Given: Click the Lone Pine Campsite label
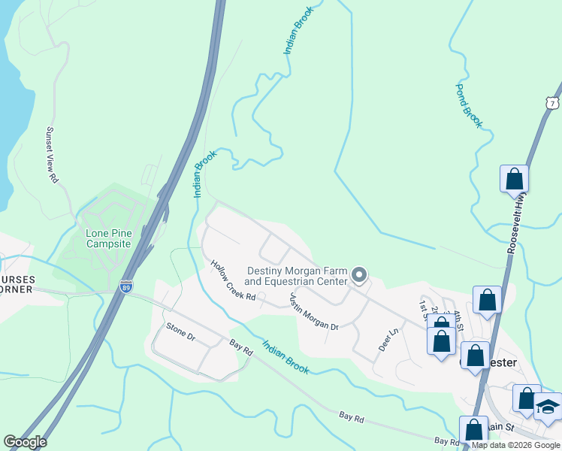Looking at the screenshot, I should (x=109, y=238).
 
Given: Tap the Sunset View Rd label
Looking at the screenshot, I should (x=51, y=155).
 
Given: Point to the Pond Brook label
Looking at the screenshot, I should (x=469, y=106).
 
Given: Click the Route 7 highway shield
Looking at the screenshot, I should (x=554, y=102).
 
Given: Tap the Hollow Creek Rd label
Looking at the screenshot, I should (x=234, y=282).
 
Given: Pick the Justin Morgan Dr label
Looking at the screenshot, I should (x=314, y=311).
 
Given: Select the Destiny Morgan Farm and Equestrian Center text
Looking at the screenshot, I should (x=298, y=276).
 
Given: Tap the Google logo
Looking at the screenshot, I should (x=25, y=442).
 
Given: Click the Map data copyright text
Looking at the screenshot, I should (x=516, y=445).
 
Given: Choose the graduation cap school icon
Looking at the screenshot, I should (x=548, y=406).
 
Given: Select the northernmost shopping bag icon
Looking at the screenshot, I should (x=515, y=180).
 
